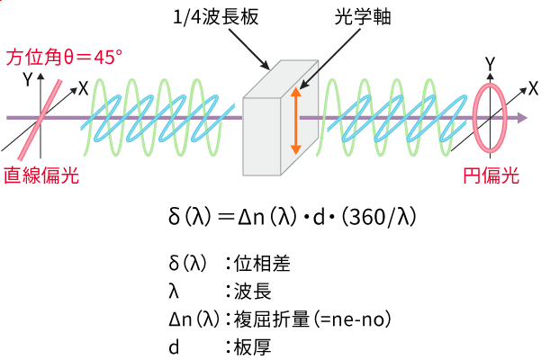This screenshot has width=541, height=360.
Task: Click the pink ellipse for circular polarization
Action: point(491,116)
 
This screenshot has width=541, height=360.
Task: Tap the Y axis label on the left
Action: point(29,79)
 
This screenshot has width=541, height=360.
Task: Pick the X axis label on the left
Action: point(83,87)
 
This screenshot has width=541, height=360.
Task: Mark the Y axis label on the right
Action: point(489,63)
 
